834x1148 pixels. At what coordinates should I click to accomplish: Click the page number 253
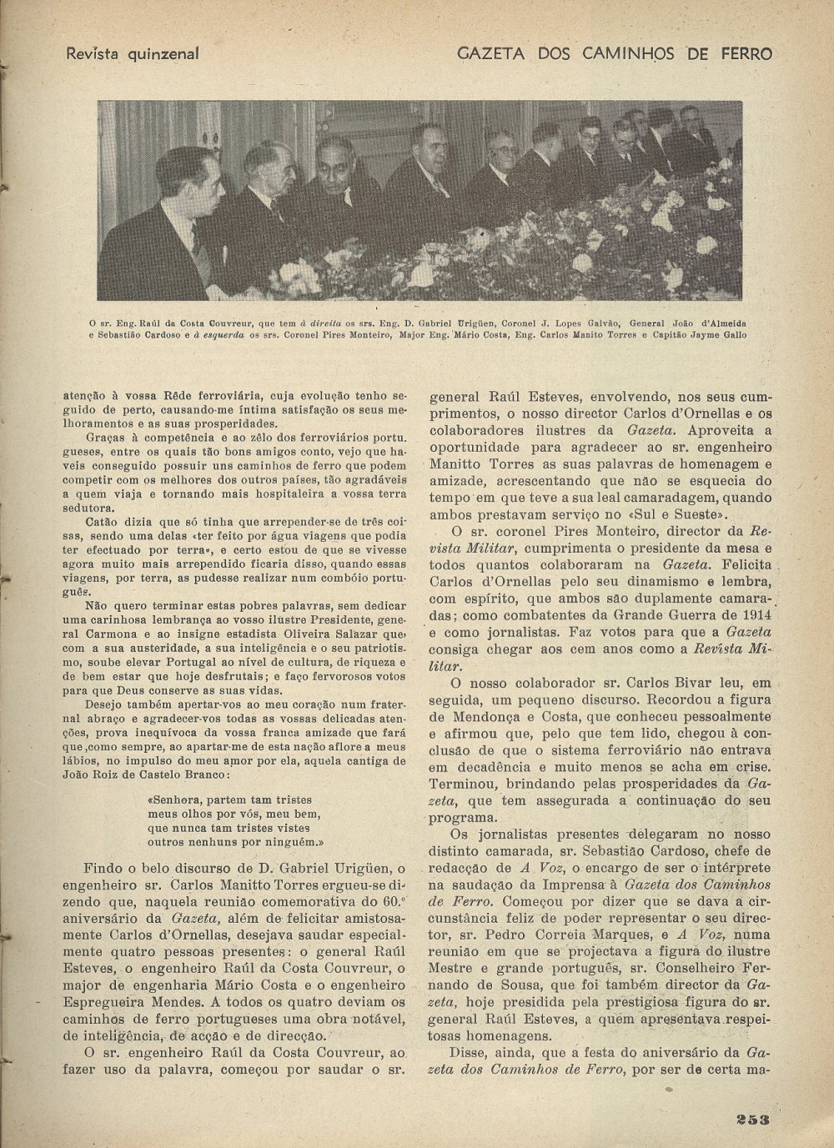coord(753,1120)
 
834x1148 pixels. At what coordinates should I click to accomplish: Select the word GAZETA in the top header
coord(490,54)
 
